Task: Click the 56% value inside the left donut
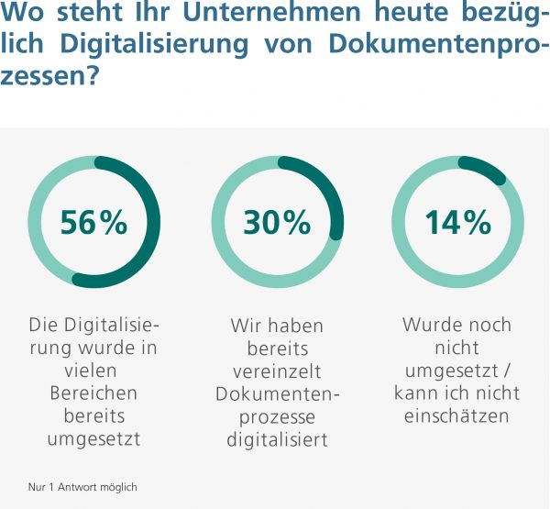point(93,222)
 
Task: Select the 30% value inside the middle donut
point(277,222)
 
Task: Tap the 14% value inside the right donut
point(458,222)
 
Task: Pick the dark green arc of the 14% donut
point(483,169)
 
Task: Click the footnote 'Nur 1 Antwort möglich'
point(82,487)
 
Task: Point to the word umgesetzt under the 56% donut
point(93,438)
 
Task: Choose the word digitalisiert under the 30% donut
point(277,440)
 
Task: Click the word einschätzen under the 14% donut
point(457,416)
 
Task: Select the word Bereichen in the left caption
point(93,393)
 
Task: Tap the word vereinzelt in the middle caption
point(277,371)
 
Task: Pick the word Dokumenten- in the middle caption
point(277,394)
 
